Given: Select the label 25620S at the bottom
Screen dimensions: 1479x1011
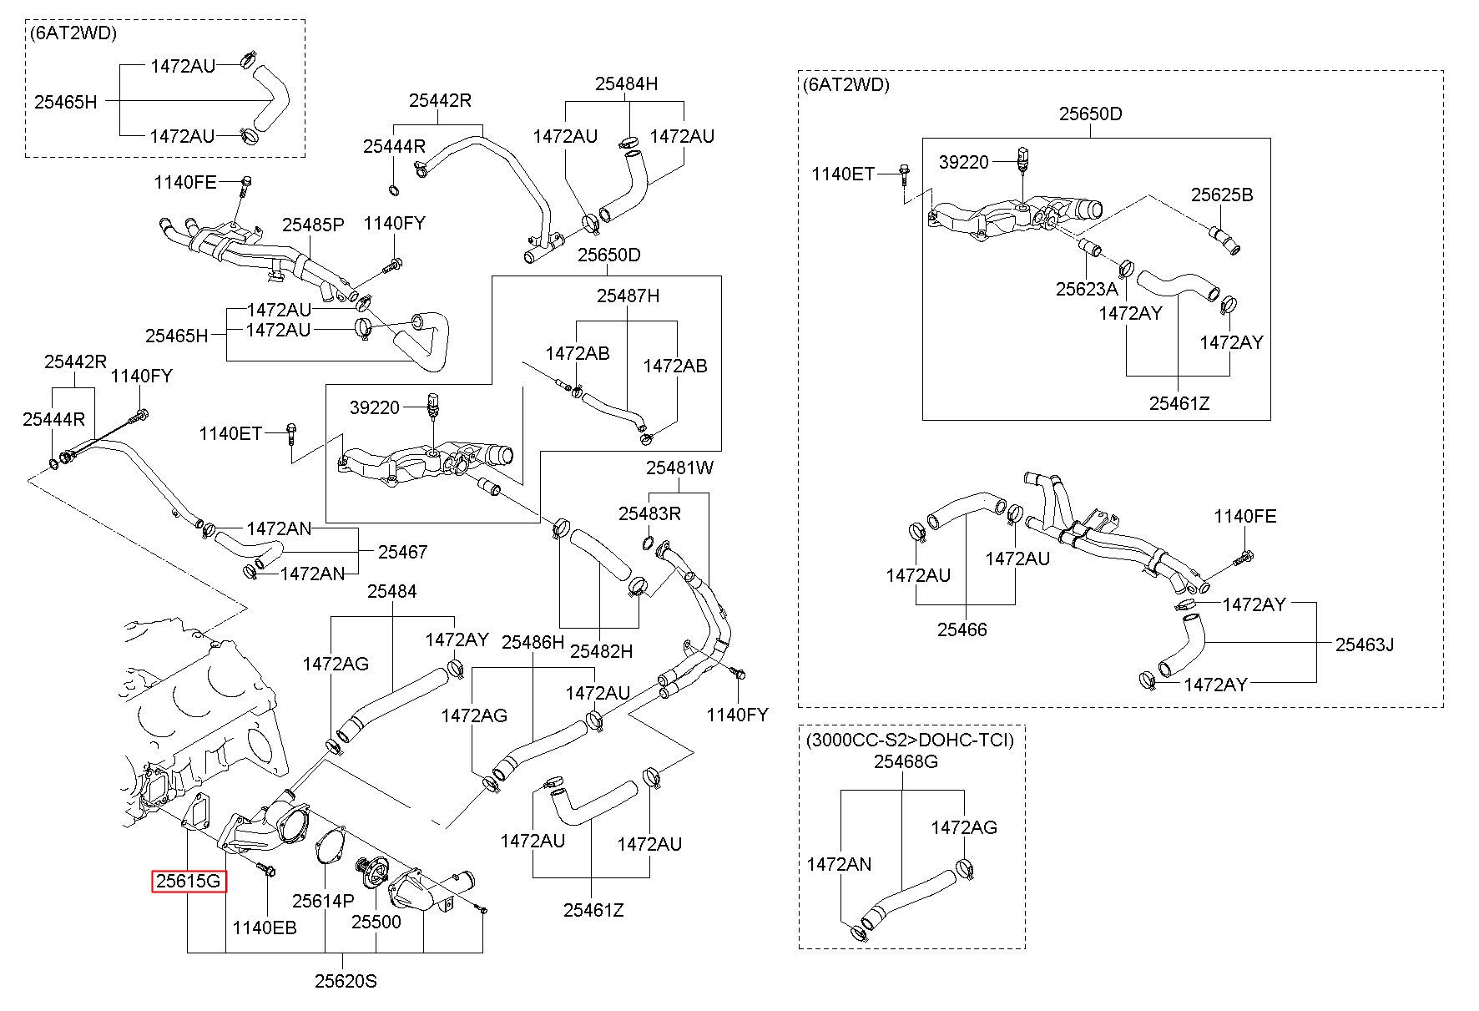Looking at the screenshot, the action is click(x=346, y=981).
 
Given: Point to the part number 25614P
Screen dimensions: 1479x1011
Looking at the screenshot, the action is click(x=323, y=901).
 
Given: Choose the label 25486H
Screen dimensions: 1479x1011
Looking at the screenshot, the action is click(x=533, y=642).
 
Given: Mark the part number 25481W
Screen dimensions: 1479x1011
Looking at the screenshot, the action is click(x=679, y=468).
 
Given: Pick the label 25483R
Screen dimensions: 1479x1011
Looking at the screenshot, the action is click(x=649, y=513).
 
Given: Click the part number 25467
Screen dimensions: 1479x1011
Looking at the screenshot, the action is click(x=402, y=551).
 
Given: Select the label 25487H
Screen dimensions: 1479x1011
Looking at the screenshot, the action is click(x=628, y=296).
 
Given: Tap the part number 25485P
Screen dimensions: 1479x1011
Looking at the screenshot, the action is click(x=313, y=225).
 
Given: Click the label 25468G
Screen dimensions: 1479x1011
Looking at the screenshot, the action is click(x=906, y=761).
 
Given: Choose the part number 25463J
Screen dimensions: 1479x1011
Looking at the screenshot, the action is click(x=1365, y=644).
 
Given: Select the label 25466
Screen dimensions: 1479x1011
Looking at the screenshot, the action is click(x=962, y=629).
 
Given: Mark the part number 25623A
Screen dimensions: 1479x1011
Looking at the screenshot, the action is click(x=1086, y=289).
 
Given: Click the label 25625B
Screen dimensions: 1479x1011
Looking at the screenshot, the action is click(x=1222, y=195).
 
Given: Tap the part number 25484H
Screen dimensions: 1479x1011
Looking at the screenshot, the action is click(x=626, y=83).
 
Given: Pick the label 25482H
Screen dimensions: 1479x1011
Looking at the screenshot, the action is click(x=601, y=650).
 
